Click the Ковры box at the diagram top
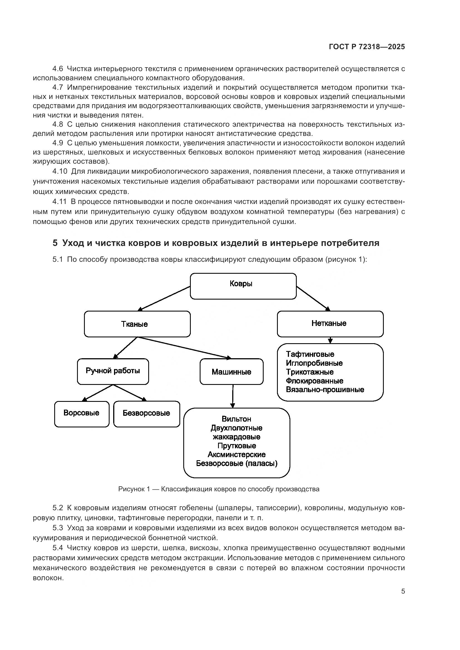(243, 286)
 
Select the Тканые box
(137, 324)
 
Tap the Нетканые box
(330, 323)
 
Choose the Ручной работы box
(113, 371)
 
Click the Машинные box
(231, 372)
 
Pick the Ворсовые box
(81, 414)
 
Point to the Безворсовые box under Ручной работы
(147, 414)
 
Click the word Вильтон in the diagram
(236, 419)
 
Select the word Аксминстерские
(236, 455)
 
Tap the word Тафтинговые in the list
(310, 354)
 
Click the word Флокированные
(315, 381)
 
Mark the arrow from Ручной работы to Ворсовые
(98, 393)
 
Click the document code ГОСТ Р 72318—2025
(367, 47)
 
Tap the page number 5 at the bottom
(403, 591)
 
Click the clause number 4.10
(60, 171)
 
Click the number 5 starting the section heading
(55, 243)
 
